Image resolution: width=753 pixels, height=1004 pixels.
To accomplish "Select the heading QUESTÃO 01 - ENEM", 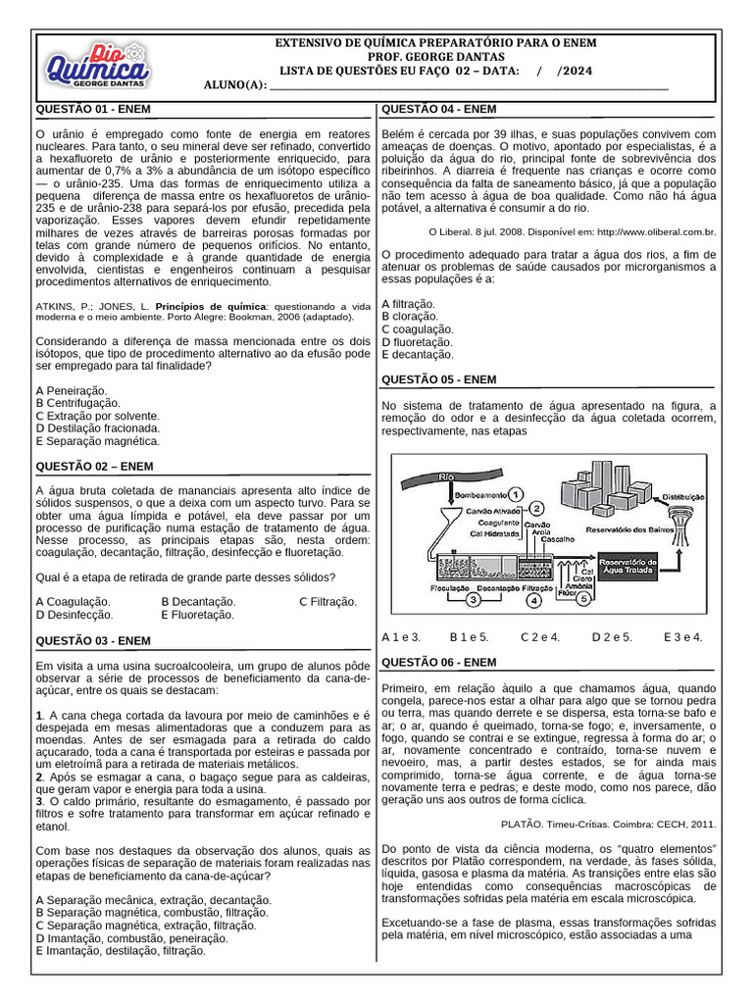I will click(x=93, y=109).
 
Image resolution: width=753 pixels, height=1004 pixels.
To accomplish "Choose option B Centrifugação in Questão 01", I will click(x=77, y=402).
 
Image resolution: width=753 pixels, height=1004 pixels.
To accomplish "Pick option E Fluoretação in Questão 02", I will click(x=197, y=615).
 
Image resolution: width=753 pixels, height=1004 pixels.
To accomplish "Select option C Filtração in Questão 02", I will click(x=327, y=601).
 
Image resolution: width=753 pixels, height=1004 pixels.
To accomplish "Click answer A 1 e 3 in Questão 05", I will click(x=401, y=636).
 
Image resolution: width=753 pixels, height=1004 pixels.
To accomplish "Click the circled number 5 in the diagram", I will click(x=583, y=599).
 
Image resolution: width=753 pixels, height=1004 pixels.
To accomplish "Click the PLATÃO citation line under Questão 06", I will click(x=608, y=824).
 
